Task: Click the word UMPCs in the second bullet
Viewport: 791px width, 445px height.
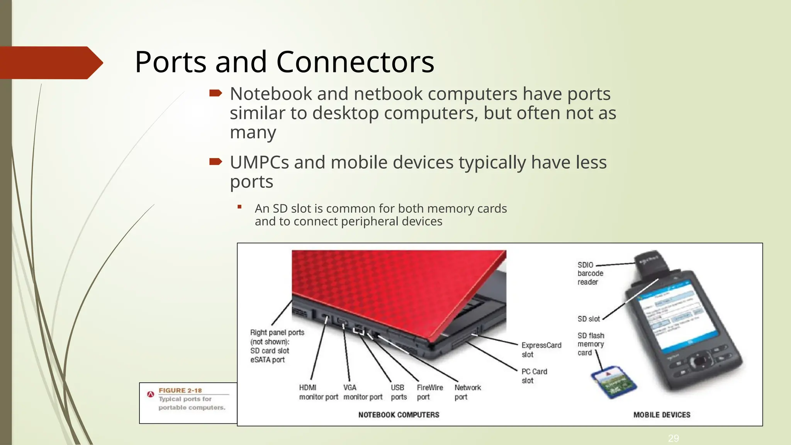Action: [x=259, y=162]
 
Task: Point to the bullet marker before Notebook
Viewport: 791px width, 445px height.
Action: [x=216, y=93]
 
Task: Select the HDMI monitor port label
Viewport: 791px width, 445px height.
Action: [x=318, y=392]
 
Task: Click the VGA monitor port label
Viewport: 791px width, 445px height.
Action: [x=363, y=392]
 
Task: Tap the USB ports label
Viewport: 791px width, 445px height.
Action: [x=398, y=392]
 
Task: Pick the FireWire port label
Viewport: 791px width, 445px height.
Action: [x=429, y=392]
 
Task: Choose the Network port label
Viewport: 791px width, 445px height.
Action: [x=467, y=392]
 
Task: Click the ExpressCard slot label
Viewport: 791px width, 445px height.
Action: [x=541, y=350]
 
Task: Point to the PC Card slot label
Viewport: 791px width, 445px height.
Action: [x=534, y=376]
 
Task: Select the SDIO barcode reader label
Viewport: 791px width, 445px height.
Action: [x=590, y=273]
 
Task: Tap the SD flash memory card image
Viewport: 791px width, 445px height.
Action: [x=613, y=382]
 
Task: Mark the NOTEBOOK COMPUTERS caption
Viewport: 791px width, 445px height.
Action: [x=399, y=415]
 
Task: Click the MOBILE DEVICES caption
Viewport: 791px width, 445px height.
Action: [x=662, y=415]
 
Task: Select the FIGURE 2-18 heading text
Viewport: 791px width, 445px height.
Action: [x=180, y=391]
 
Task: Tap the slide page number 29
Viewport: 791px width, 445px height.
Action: [x=673, y=438]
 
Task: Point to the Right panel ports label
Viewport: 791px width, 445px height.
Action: [x=277, y=346]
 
